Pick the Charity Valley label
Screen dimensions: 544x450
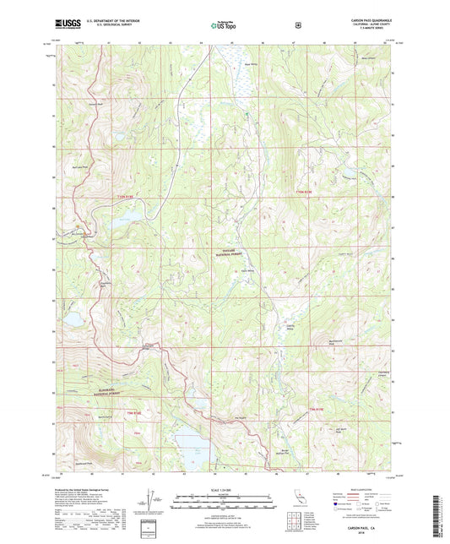[x=280, y=318]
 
